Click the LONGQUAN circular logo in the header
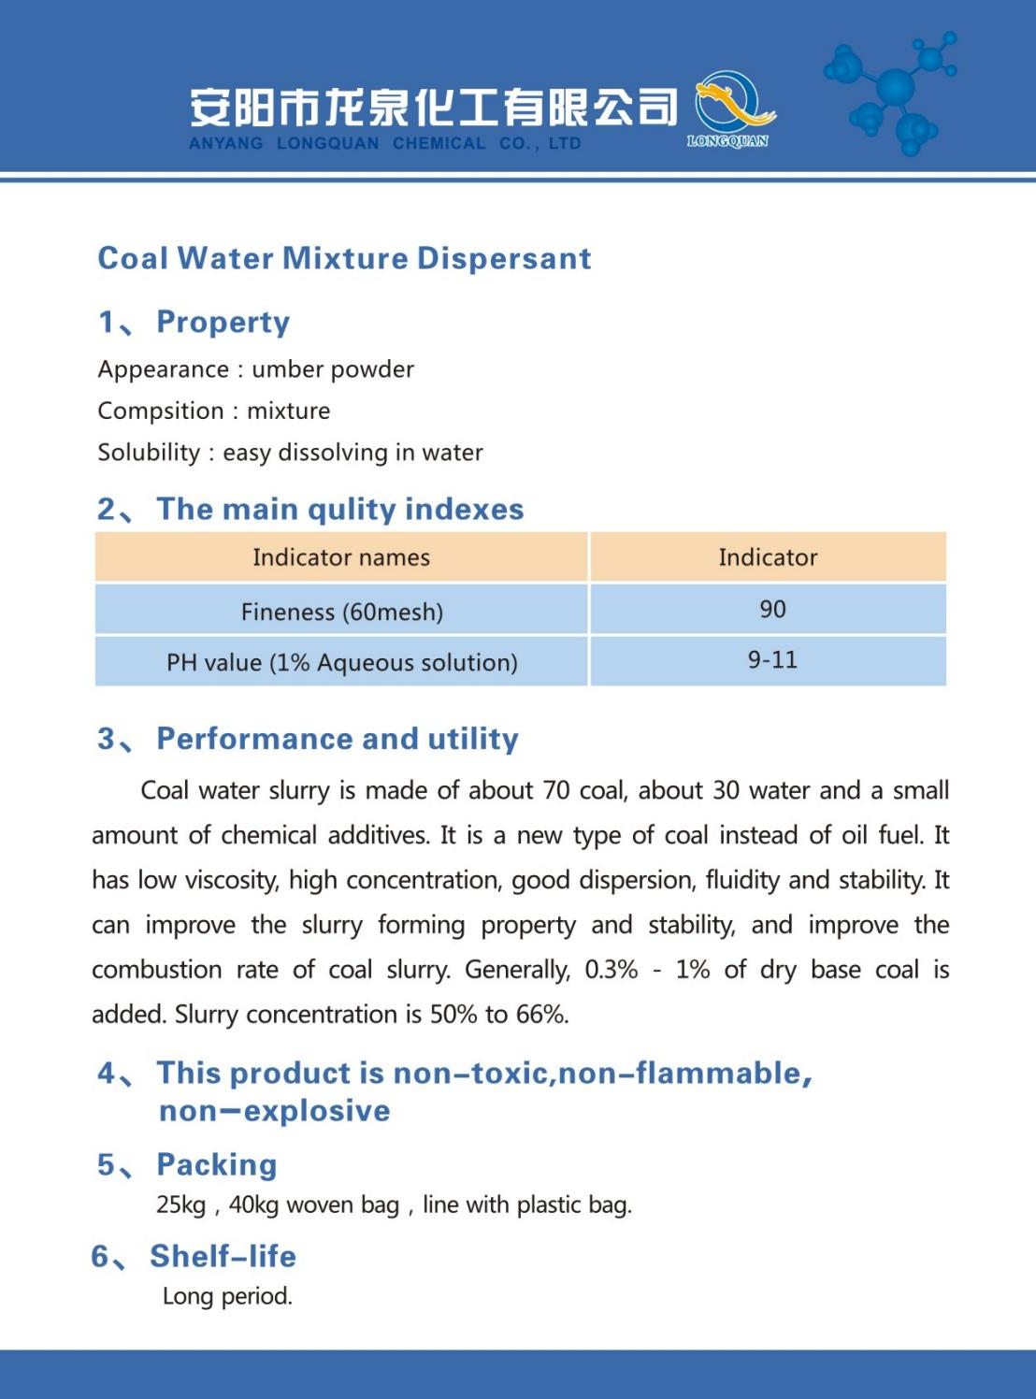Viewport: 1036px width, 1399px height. pyautogui.click(x=733, y=108)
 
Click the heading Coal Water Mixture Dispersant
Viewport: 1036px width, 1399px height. pyautogui.click(x=344, y=258)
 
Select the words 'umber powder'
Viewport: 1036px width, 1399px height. pyautogui.click(x=333, y=369)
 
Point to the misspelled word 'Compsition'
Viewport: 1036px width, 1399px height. pyautogui.click(x=161, y=411)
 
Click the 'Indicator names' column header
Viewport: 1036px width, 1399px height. pyautogui.click(x=341, y=557)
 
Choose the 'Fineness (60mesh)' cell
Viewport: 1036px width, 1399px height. pyautogui.click(x=341, y=612)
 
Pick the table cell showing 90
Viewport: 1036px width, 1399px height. pyautogui.click(x=772, y=610)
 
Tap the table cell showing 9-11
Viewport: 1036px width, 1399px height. pyautogui.click(x=772, y=660)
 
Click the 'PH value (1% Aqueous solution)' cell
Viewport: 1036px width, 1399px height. pyautogui.click(x=341, y=662)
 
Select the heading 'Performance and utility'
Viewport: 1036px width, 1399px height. pyautogui.click(x=337, y=739)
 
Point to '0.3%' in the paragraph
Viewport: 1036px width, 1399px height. pyautogui.click(x=612, y=970)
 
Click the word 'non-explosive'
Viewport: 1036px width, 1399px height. pyautogui.click(x=275, y=1111)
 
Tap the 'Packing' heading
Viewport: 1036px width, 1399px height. pyautogui.click(x=217, y=1164)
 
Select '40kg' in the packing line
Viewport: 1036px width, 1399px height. pyautogui.click(x=253, y=1204)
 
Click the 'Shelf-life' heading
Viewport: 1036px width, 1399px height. pyautogui.click(x=223, y=1256)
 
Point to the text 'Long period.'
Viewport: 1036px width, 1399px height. pyautogui.click(x=227, y=1296)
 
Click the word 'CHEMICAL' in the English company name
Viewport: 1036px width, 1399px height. pyautogui.click(x=439, y=143)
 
